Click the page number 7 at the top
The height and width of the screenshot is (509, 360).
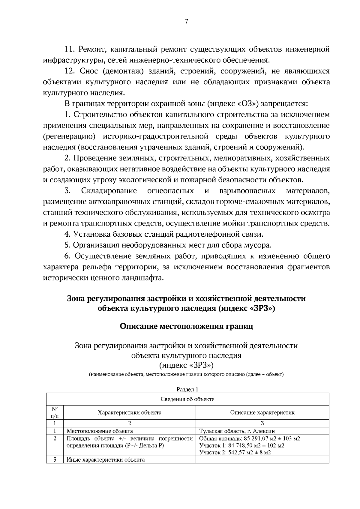pos(186,22)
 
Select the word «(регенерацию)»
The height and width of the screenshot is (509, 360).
pos(69,136)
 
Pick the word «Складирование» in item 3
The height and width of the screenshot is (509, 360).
pos(109,191)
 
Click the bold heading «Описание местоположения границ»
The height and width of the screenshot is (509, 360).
pos(186,326)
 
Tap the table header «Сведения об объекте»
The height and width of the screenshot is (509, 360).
pos(187,399)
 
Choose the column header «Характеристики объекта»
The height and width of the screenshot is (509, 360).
pos(130,412)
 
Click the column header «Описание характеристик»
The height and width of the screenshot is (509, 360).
pos(262,412)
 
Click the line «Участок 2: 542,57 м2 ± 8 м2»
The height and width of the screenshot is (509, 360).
pos(235,453)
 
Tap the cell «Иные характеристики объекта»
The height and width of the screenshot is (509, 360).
pos(105,460)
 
